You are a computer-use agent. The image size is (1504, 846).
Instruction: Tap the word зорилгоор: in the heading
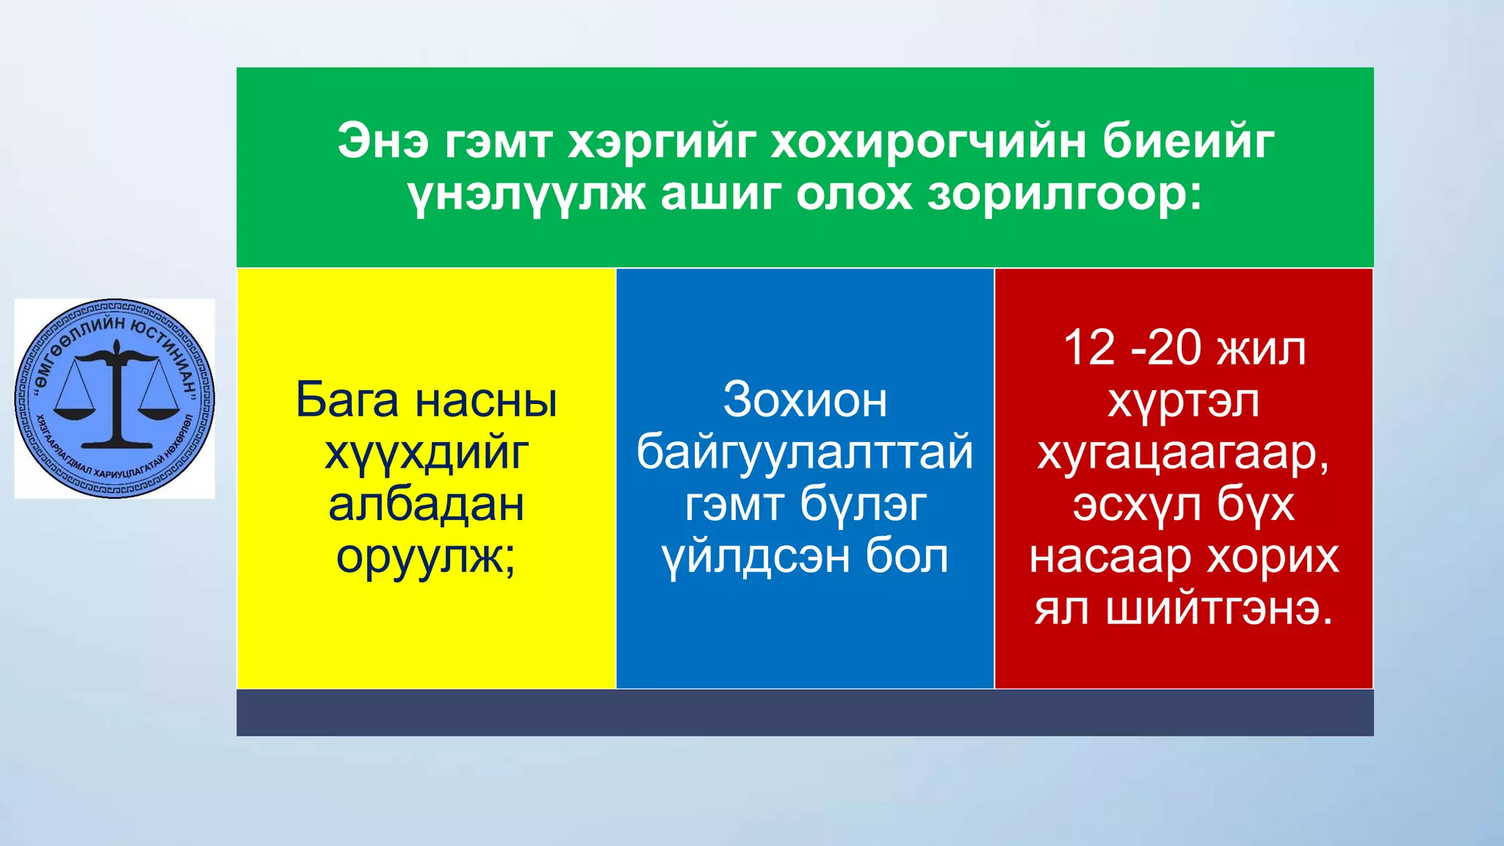[x=1065, y=195]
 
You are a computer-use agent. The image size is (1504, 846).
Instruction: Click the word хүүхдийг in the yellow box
[x=426, y=453]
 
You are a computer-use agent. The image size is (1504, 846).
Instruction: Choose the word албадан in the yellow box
[x=426, y=505]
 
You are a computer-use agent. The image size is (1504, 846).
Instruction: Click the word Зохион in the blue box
[x=805, y=401]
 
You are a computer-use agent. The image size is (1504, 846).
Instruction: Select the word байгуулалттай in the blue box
[x=805, y=453]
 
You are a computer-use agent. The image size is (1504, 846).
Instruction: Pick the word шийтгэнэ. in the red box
[x=1219, y=610]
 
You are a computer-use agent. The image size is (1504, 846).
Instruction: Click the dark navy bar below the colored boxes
[x=805, y=712]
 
